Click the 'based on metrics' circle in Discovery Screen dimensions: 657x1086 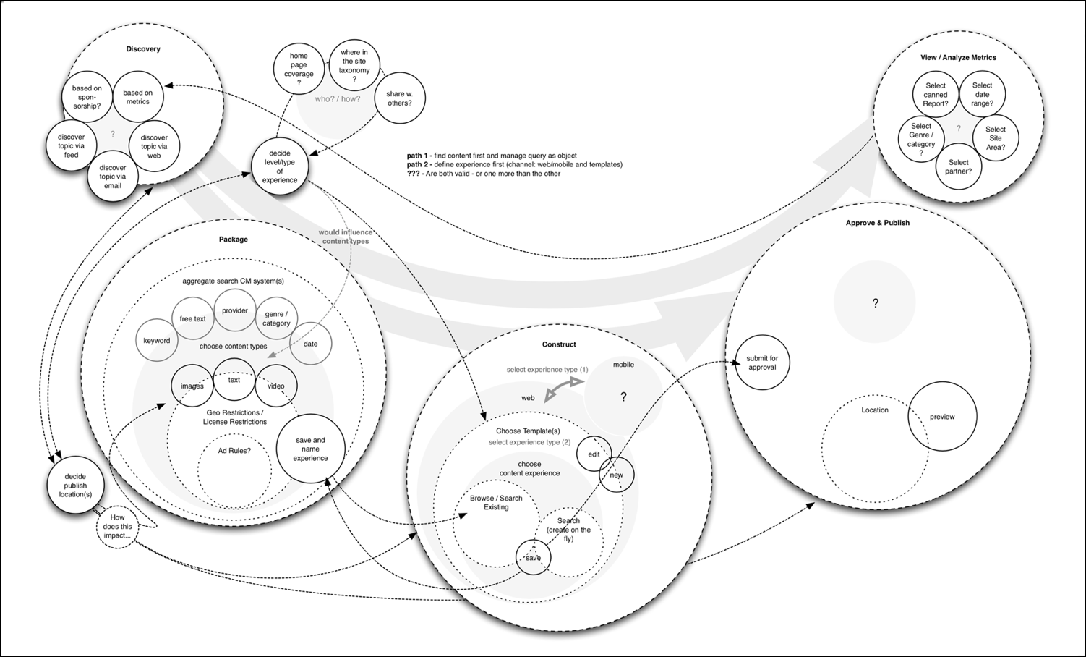click(137, 97)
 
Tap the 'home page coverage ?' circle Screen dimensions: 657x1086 click(299, 69)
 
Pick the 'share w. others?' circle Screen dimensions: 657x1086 click(398, 98)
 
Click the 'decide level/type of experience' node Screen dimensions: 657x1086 click(280, 166)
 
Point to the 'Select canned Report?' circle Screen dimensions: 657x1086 click(935, 95)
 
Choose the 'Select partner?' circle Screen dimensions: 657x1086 click(958, 167)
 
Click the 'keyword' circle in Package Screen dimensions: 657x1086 click(157, 341)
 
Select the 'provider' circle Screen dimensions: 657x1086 click(235, 311)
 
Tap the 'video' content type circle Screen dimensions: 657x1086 click(276, 386)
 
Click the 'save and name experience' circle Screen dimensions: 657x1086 click(310, 449)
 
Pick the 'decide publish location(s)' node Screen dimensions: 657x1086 click(75, 486)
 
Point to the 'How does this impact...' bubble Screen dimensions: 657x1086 click(117, 527)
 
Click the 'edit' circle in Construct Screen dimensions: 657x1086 click(594, 454)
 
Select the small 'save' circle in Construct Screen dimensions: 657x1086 click(533, 558)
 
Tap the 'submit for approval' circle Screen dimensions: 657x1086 click(762, 363)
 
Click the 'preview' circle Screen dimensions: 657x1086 click(942, 417)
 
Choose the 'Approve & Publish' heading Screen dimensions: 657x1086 click(877, 223)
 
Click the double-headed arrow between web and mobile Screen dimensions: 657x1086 click(563, 388)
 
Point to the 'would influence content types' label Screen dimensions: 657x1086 click(346, 237)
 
